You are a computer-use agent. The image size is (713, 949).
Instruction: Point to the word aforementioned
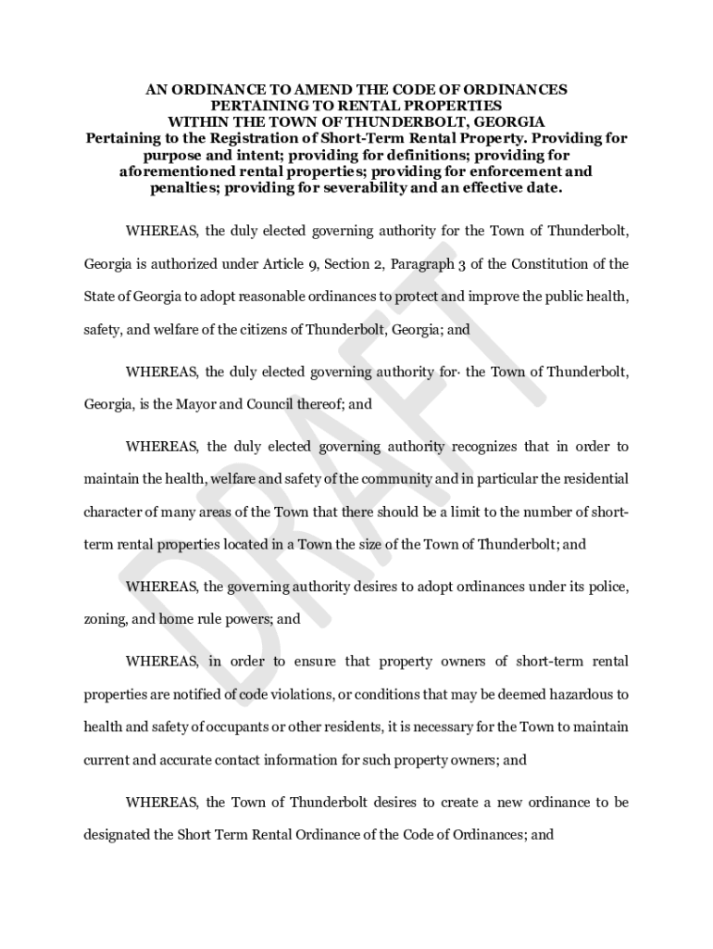174,171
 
